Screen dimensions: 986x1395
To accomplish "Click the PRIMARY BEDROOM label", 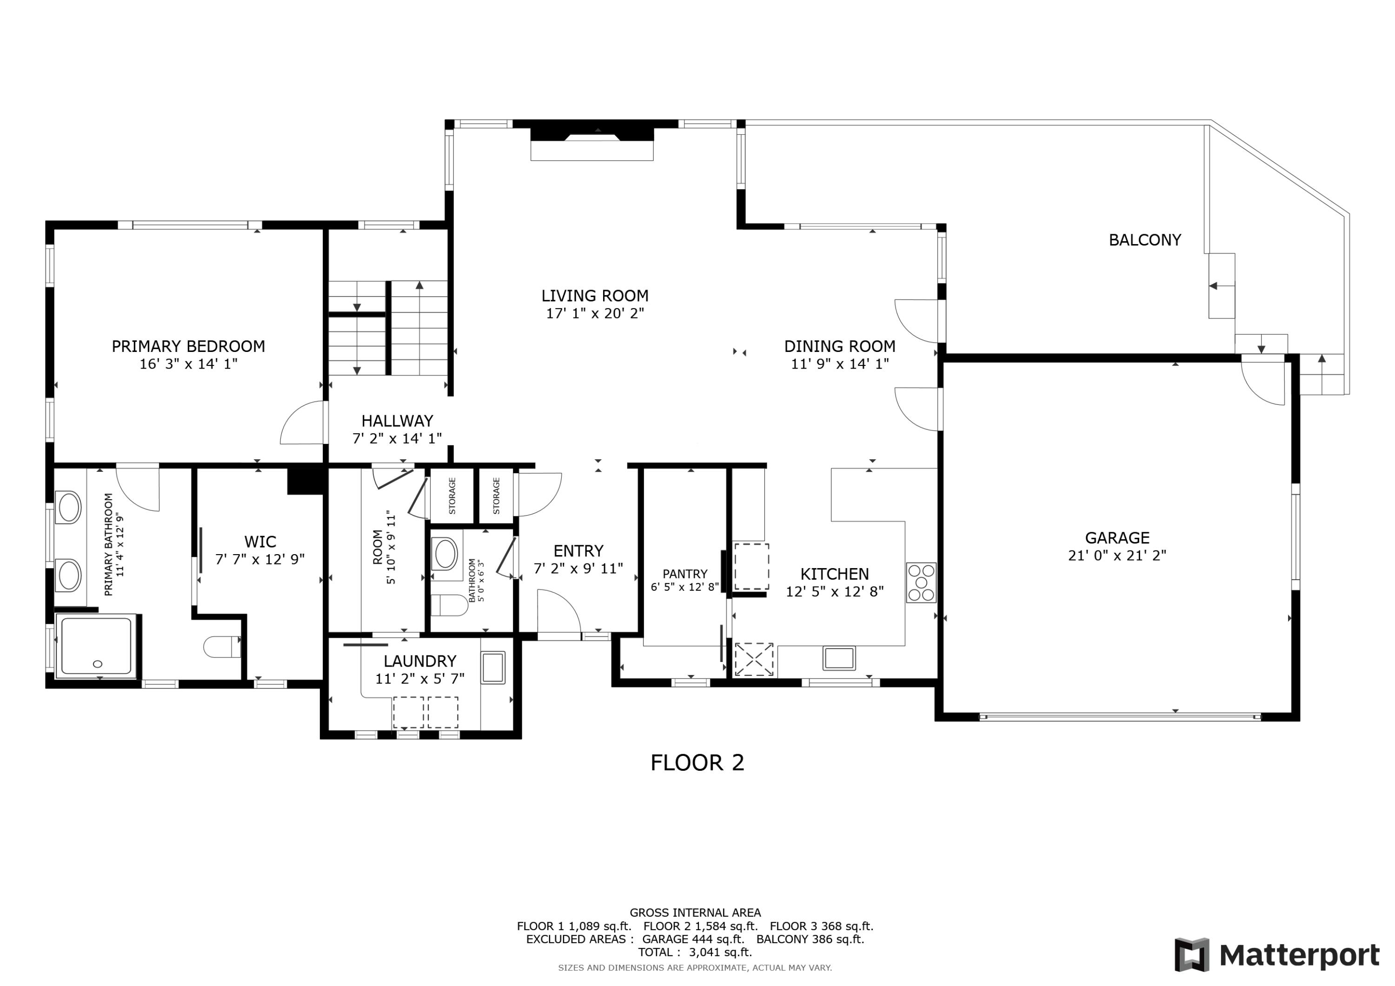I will (188, 346).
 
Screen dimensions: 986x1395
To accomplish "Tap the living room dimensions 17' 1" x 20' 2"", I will (595, 313).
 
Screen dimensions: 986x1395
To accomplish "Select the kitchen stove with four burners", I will (921, 582).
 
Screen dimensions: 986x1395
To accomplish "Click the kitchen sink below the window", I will (839, 658).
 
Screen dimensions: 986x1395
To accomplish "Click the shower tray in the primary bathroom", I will (96, 646).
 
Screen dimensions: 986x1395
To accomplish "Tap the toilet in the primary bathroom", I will (222, 646).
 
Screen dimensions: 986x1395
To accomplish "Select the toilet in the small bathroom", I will (448, 605).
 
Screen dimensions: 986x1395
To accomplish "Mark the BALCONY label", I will (1145, 240).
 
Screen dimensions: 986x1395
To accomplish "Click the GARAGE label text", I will (1117, 538).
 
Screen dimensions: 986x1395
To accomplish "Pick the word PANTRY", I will (685, 574).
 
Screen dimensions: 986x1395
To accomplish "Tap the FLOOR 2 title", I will (697, 762).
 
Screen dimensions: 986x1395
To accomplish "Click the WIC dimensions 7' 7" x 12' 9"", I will (260, 559).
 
